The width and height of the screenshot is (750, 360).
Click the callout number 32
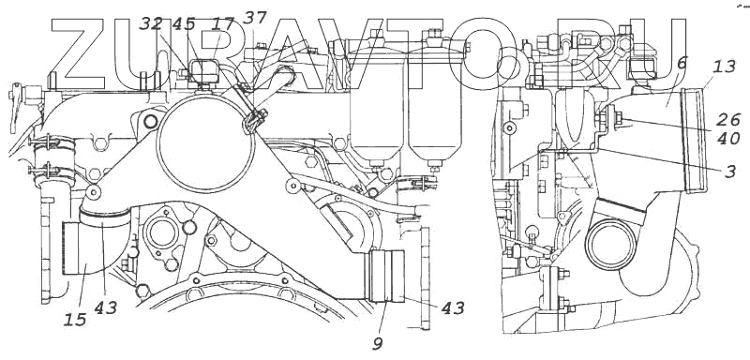click(x=151, y=24)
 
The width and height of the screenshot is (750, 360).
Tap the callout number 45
click(x=184, y=24)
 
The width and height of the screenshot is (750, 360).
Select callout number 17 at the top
click(x=223, y=24)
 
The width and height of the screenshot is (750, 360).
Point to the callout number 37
click(x=254, y=18)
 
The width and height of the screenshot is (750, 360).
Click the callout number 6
click(x=682, y=62)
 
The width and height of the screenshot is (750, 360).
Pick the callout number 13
click(x=724, y=67)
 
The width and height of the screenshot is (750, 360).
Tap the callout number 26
click(x=729, y=119)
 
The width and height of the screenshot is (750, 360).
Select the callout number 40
click(x=729, y=139)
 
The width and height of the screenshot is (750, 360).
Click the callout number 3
click(x=730, y=172)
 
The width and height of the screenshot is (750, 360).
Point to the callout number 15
click(x=75, y=319)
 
